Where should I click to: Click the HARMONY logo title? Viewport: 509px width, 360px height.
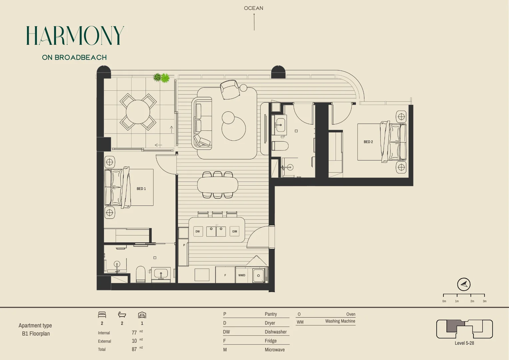tap(75, 36)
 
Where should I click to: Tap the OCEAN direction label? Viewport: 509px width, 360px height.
tap(254, 8)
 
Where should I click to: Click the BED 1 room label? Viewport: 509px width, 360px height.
tap(141, 189)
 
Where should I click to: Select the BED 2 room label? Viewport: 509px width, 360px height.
tap(368, 142)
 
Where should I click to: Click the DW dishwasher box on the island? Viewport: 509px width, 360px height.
tap(198, 231)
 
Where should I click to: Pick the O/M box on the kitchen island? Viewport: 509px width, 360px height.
tap(235, 231)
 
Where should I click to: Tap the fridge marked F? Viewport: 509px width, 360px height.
tap(225, 275)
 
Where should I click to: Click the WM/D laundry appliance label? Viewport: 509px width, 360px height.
tap(242, 275)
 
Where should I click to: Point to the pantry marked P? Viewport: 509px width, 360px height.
tap(184, 245)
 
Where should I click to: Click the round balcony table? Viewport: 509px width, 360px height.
tap(138, 112)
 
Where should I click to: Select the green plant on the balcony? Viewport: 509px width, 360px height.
tap(162, 78)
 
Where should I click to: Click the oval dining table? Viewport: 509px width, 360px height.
tap(218, 185)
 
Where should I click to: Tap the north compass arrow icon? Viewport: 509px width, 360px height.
tap(464, 284)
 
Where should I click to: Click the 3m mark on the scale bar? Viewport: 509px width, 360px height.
tap(484, 301)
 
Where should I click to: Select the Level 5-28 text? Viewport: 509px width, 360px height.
tap(464, 343)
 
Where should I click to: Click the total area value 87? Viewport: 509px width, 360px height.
tap(134, 349)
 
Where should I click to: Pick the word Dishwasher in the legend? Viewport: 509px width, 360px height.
tap(275, 332)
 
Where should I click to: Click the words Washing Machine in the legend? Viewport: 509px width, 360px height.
tap(340, 321)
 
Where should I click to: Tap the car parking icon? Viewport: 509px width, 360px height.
tap(142, 315)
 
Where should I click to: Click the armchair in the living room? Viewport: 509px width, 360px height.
tap(230, 90)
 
